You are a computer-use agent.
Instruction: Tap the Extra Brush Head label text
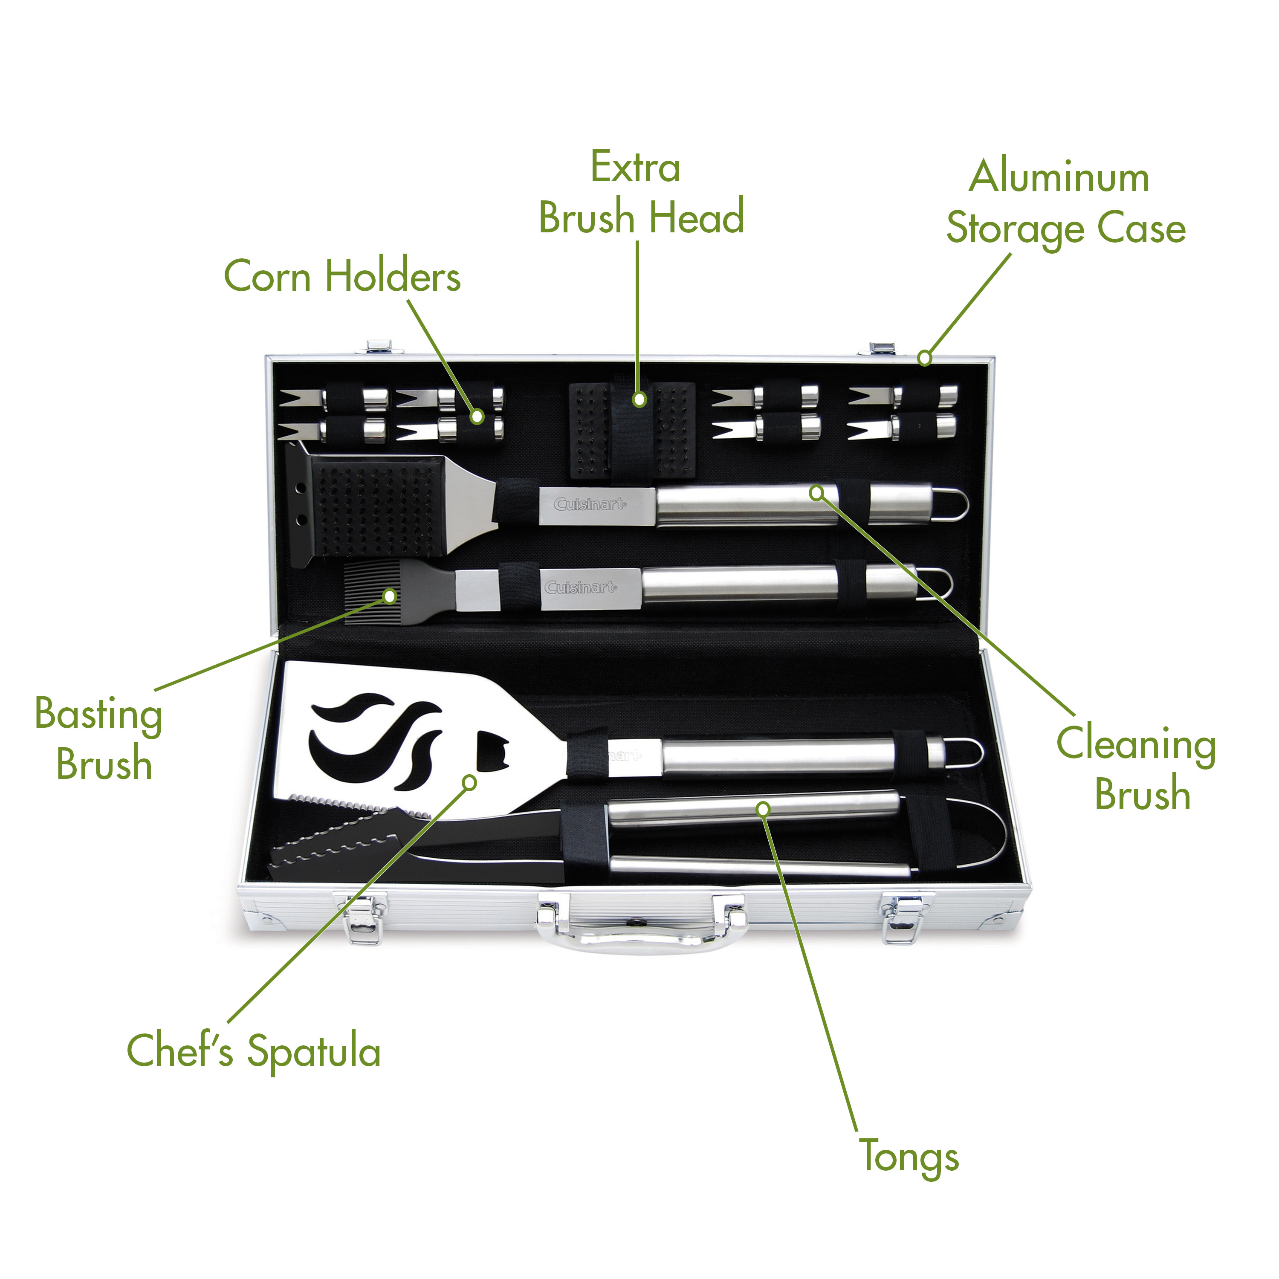pos(641,193)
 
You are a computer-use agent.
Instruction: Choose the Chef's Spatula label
pos(254,1051)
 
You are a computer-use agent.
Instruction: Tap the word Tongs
pos(909,1157)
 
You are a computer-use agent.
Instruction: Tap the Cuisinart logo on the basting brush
pos(580,587)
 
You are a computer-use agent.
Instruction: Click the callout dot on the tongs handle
pos(763,809)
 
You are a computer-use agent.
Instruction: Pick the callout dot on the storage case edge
pos(925,358)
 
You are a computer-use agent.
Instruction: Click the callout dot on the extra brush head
pos(639,399)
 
